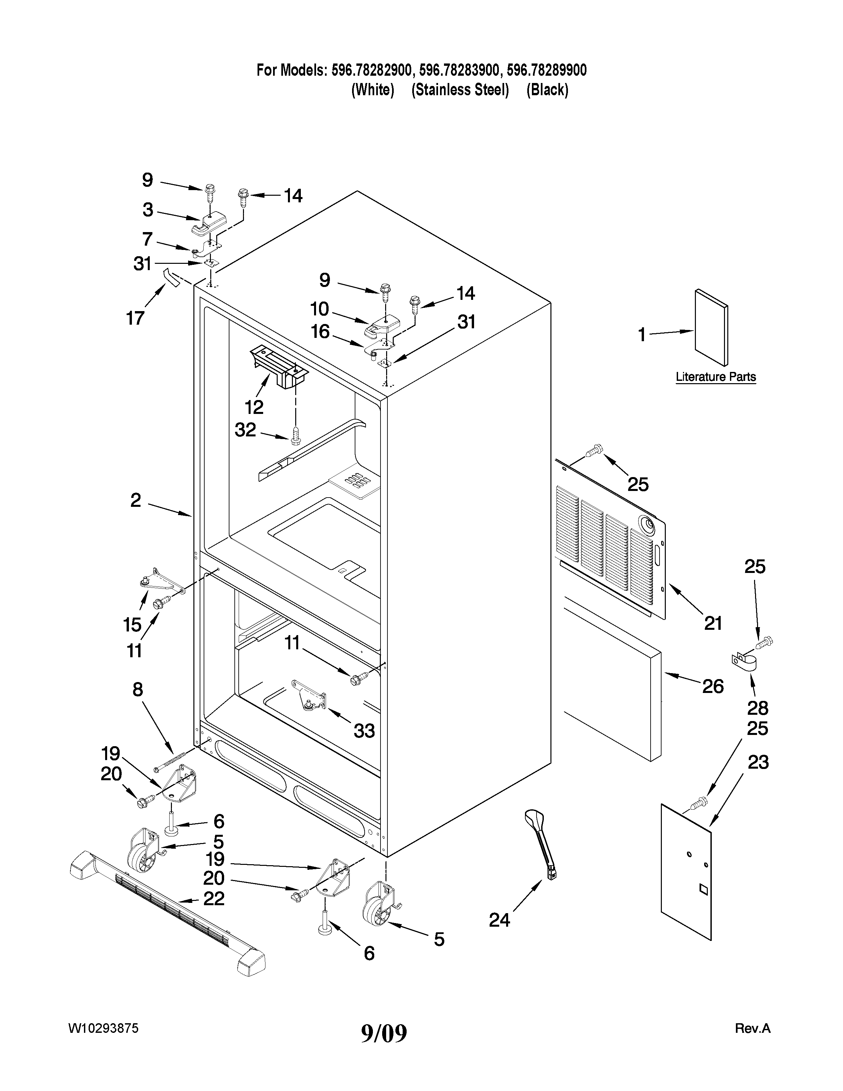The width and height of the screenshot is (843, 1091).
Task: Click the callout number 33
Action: (364, 731)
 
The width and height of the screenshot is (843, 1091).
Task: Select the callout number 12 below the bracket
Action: (254, 407)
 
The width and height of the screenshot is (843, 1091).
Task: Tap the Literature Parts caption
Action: (716, 377)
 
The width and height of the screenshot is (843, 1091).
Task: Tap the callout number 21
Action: (713, 623)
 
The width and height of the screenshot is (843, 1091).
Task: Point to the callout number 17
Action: (135, 318)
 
